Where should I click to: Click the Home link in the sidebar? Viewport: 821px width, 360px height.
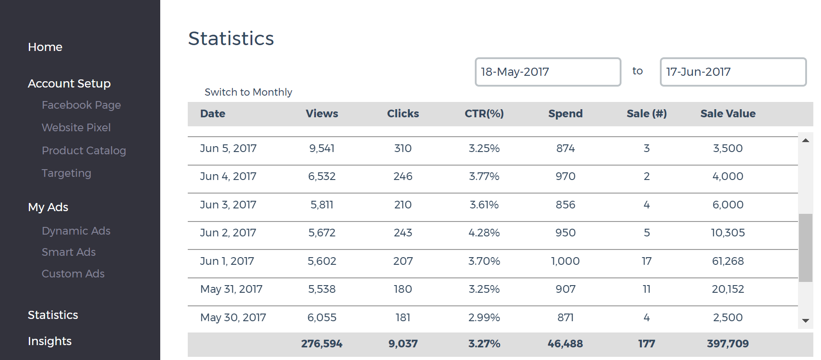click(x=45, y=47)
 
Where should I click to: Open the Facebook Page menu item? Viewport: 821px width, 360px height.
click(x=81, y=105)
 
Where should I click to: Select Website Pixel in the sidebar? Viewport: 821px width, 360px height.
click(x=76, y=128)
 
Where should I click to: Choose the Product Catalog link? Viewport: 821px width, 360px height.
click(x=84, y=151)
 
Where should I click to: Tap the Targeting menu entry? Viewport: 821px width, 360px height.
click(x=66, y=173)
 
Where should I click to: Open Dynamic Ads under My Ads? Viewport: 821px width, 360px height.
click(x=76, y=231)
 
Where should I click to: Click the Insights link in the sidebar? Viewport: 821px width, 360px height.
click(x=50, y=341)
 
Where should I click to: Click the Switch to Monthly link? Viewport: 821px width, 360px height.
click(x=248, y=92)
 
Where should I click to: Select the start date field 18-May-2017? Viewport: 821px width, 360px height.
click(x=547, y=72)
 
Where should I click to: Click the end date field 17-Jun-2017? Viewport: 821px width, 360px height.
click(x=733, y=72)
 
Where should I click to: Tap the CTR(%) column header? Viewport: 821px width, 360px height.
click(x=484, y=114)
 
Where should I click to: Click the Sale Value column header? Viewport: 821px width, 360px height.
click(x=728, y=114)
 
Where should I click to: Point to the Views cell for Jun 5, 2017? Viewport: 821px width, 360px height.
click(x=322, y=148)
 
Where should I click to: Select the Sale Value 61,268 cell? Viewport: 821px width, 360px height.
click(x=728, y=261)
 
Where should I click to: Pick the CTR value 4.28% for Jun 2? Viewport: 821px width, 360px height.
click(x=484, y=233)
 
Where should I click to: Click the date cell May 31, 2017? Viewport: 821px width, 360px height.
click(x=231, y=289)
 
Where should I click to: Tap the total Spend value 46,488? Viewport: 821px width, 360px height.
click(x=565, y=344)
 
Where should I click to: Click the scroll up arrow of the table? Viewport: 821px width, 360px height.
click(x=805, y=140)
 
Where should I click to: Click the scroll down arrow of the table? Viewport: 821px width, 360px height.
click(x=805, y=321)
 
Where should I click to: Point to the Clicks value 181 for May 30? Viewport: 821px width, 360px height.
click(x=403, y=318)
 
